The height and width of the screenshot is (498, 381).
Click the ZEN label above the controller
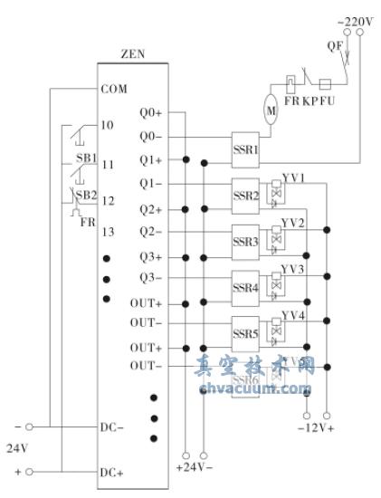coord(132,53)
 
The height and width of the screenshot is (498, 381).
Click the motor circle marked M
coord(271,110)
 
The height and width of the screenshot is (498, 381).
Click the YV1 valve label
coord(292,177)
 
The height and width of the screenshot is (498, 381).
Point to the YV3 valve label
coord(292,269)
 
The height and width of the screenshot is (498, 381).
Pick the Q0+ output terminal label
coord(151,114)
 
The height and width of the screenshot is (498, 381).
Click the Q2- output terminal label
coord(151,231)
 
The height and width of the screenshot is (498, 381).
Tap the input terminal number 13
coord(108,233)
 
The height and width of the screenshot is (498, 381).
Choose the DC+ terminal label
coord(112,474)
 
